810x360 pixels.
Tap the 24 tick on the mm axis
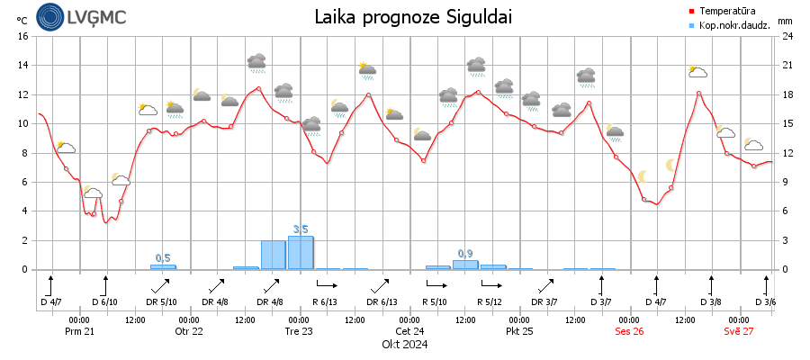(x=787, y=36)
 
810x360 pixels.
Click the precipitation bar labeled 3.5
(x=301, y=253)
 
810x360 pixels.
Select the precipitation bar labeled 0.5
(x=163, y=266)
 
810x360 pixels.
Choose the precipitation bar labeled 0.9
(x=465, y=265)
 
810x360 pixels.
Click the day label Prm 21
(x=79, y=331)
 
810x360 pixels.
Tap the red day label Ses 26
(x=629, y=331)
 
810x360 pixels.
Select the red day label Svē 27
(x=739, y=331)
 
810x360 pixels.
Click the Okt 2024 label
(x=404, y=344)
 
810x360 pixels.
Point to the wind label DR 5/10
(x=163, y=301)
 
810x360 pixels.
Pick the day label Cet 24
(x=409, y=331)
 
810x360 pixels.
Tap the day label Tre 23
(x=299, y=331)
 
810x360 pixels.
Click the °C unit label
(x=22, y=20)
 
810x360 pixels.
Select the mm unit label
(x=785, y=20)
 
